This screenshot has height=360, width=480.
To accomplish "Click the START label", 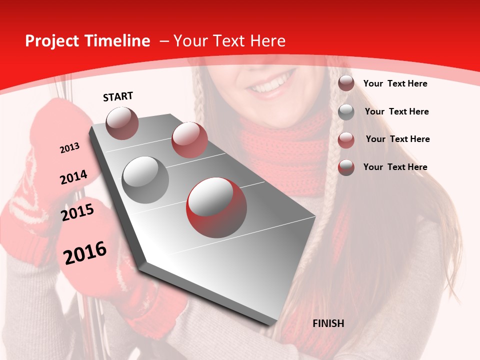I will pos(118,96).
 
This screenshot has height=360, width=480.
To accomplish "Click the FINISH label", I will pos(328,323).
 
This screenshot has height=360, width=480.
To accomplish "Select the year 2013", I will pos(69,148).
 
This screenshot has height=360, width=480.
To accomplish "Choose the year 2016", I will pos(85,252).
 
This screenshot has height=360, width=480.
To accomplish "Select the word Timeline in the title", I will pos(117,41).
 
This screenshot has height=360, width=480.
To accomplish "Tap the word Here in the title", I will pos(267,41).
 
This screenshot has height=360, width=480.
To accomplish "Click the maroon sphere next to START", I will pos(122,123).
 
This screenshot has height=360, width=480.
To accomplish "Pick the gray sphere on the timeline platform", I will pos(145,179).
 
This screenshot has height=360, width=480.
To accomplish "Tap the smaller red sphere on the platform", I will pos(189,140).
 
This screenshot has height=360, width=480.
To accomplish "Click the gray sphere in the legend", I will pos(346,112).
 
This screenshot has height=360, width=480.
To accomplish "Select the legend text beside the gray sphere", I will pos(396,111).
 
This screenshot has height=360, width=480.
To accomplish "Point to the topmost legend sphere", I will pos(346,83).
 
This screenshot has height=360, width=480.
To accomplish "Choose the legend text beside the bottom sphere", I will pos(395,167).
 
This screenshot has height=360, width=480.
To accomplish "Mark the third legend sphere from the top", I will pos(346,140).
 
